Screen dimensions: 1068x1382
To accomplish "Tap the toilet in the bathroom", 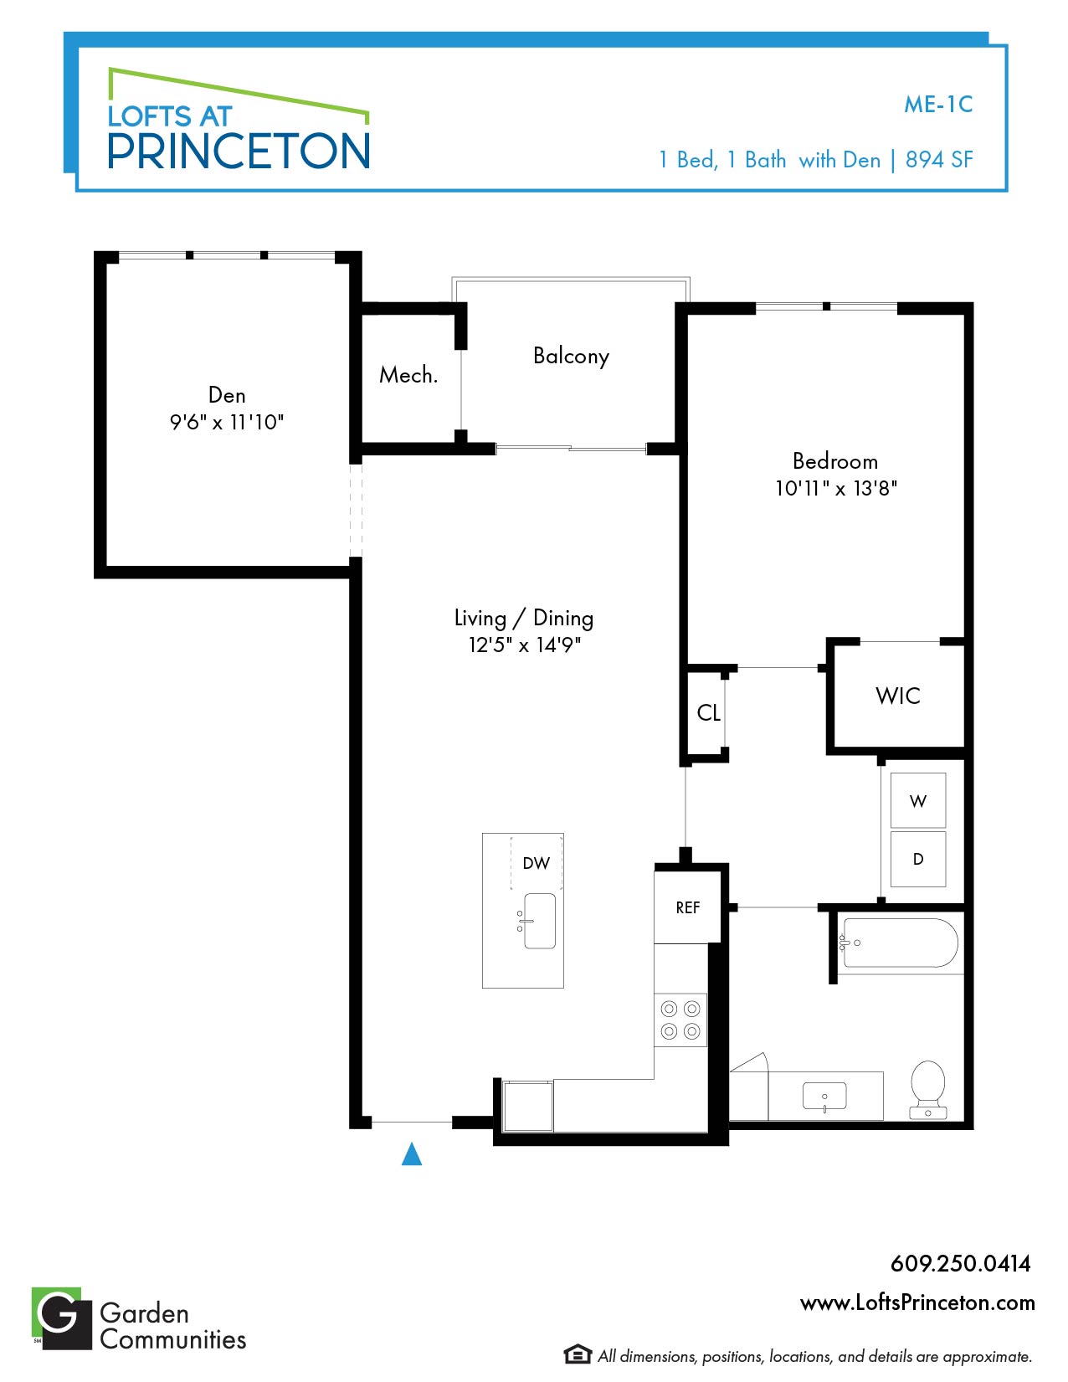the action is click(x=927, y=1090).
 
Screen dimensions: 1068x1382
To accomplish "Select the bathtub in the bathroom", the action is click(x=900, y=943).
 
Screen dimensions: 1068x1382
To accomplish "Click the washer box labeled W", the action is click(x=918, y=800).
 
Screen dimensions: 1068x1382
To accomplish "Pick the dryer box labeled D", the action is click(x=918, y=859).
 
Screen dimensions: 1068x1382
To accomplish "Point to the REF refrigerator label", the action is click(x=688, y=907).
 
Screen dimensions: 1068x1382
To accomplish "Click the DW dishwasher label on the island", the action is click(x=536, y=863).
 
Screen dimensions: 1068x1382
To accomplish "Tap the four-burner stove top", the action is click(x=680, y=1020).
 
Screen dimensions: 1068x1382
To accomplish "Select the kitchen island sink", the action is click(x=538, y=921).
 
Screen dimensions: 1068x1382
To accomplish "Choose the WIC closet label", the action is click(x=897, y=696).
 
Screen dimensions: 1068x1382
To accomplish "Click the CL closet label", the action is click(x=708, y=712).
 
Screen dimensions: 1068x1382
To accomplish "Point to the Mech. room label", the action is click(x=408, y=375).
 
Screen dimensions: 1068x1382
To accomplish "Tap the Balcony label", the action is click(x=571, y=356).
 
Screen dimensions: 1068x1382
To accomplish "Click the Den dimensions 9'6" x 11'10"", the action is click(x=226, y=422).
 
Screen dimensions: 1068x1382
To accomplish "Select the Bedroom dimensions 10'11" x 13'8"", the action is click(x=836, y=488).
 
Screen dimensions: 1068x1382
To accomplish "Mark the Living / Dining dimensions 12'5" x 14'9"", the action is click(x=525, y=645).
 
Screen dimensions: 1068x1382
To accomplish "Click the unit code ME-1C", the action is click(x=938, y=105).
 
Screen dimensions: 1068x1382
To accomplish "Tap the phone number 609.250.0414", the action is click(x=960, y=1263).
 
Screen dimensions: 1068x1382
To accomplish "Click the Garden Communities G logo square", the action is click(x=62, y=1318).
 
